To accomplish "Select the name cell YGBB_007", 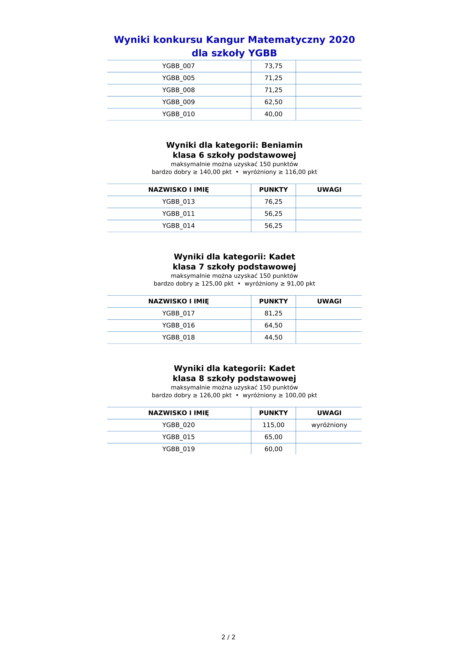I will point(178,66).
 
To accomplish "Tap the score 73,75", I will point(273,66).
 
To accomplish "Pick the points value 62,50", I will point(273,102).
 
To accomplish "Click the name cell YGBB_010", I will point(178,114).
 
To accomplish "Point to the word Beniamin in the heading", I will point(282,145).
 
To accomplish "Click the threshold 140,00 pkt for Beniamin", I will point(216,172).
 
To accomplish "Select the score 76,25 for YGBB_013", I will point(273,202).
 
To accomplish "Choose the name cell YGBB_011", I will point(178,214).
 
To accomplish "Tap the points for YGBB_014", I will point(273,226).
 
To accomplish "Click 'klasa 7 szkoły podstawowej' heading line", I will point(234,267).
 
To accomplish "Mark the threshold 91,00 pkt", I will point(301,284).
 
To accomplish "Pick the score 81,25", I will point(273,313).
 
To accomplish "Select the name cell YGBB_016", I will point(178,325).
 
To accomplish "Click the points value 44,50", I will point(273,337).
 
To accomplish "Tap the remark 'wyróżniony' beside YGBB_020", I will point(329,425).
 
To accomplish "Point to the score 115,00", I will point(273,425).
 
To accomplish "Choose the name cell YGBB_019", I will point(178,449).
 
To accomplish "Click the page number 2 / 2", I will point(228,637).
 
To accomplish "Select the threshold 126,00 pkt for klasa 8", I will point(216,395).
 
